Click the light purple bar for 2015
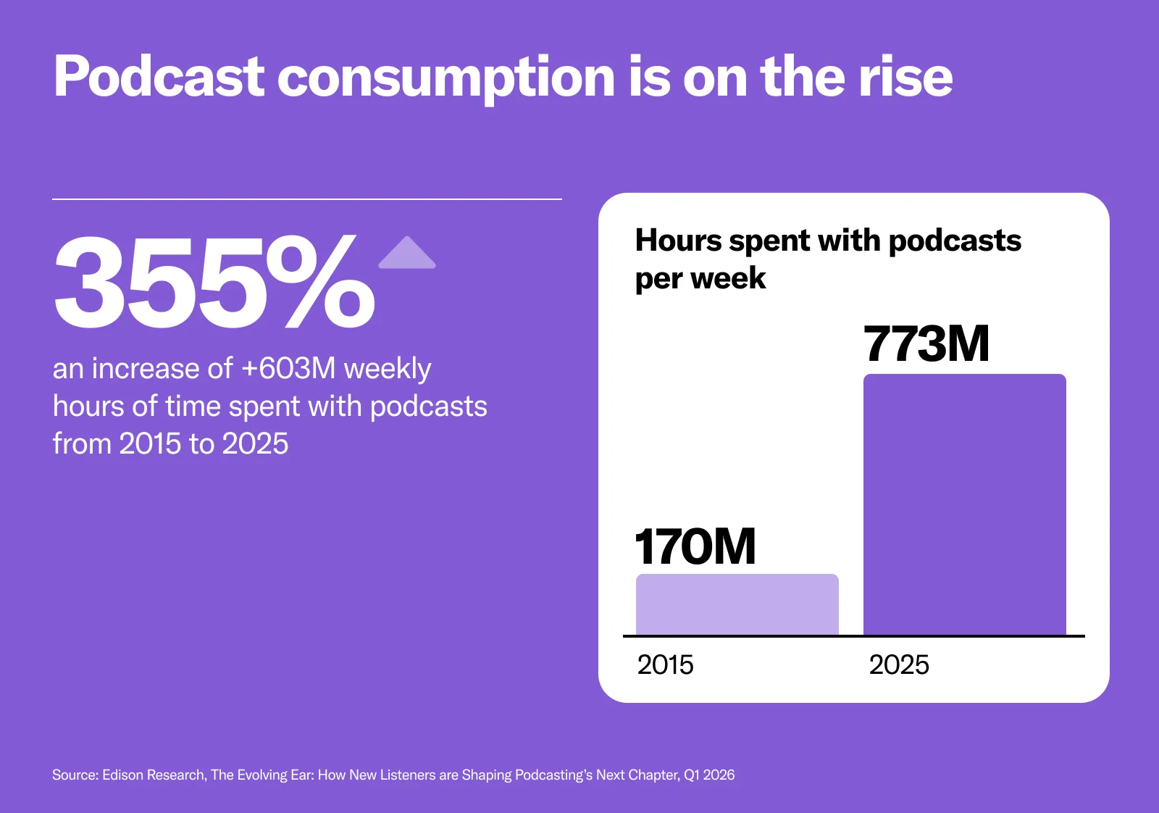pos(737,604)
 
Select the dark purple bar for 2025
pos(964,504)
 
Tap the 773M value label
pos(926,343)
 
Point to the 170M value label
pos(695,546)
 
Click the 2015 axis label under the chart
pos(665,664)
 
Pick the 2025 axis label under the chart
pos(899,664)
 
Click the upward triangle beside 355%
pos(407,254)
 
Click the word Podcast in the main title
pos(159,77)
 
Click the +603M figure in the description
pos(288,368)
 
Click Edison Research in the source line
pos(154,775)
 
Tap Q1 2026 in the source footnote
pos(709,775)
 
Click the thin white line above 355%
pos(307,199)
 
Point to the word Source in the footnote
pos(75,775)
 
